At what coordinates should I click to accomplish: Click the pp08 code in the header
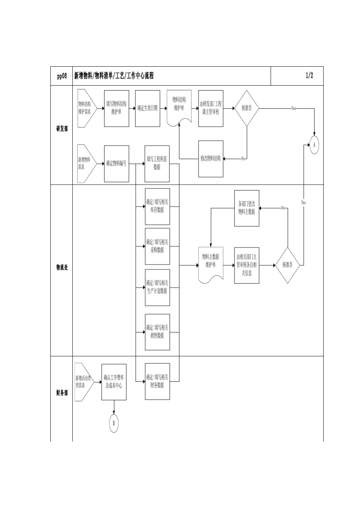(x=62, y=76)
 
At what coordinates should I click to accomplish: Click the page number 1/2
(x=309, y=76)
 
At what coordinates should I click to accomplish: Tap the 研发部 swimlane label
(x=62, y=129)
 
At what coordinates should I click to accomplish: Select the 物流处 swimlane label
(x=62, y=268)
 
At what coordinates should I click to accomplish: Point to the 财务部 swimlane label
(x=62, y=393)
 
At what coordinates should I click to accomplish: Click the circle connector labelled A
(x=314, y=145)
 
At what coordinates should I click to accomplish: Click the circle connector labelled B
(x=114, y=423)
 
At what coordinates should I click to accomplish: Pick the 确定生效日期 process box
(x=147, y=108)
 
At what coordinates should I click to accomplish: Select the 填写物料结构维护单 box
(x=116, y=108)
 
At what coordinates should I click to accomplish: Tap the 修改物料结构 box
(x=211, y=159)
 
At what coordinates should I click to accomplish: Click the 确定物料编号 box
(x=116, y=163)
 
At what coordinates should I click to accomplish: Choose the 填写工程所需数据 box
(x=157, y=163)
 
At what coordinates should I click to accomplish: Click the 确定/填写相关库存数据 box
(x=157, y=206)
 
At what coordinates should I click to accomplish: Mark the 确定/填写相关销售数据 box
(x=157, y=332)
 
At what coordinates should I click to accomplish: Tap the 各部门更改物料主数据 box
(x=247, y=208)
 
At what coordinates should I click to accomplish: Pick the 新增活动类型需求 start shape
(x=83, y=382)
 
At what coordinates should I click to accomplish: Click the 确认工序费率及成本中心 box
(x=114, y=382)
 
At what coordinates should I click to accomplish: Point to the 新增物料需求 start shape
(x=85, y=163)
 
